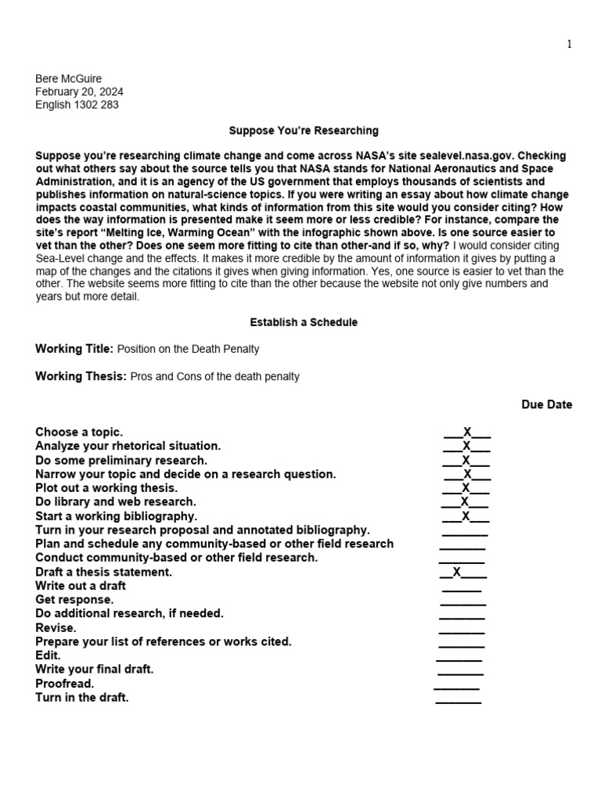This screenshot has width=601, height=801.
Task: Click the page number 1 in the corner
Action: [x=570, y=45]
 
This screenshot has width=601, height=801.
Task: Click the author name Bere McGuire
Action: [x=69, y=78]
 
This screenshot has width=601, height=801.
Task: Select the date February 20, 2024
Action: [x=79, y=92]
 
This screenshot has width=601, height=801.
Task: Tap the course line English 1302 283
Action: [x=77, y=105]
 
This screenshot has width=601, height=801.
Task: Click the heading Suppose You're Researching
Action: [x=304, y=131]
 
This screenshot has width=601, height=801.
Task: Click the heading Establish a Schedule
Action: [x=304, y=322]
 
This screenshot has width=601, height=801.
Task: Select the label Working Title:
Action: [x=74, y=348]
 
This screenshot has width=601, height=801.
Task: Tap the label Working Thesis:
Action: [x=81, y=376]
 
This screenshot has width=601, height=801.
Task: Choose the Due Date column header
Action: [x=547, y=404]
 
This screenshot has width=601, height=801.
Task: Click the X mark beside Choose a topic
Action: [x=467, y=432]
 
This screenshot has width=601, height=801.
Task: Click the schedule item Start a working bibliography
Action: [x=116, y=516]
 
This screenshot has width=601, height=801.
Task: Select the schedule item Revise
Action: [x=56, y=627]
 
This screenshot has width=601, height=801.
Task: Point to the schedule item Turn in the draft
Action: [x=81, y=697]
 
